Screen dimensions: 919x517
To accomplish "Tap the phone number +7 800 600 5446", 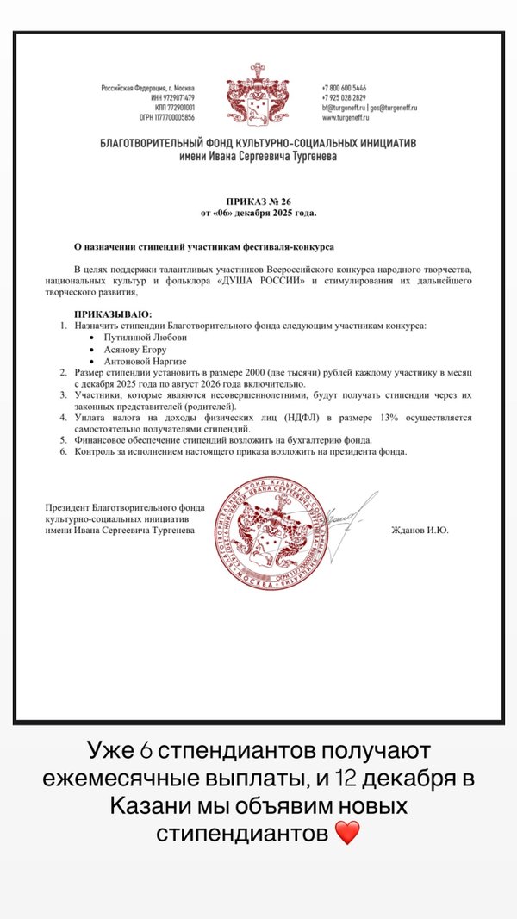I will [x=344, y=88].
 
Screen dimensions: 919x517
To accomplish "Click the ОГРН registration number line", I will [x=167, y=117].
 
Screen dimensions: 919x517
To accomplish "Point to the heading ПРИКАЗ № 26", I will [x=258, y=202].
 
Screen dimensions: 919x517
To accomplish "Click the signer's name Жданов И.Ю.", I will [x=420, y=531].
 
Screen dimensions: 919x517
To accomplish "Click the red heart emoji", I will [x=347, y=834].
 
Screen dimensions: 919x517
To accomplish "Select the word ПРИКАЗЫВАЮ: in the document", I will [x=113, y=315].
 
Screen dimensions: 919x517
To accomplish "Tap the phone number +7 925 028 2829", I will [x=344, y=97].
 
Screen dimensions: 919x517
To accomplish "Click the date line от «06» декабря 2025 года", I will [x=258, y=212].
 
